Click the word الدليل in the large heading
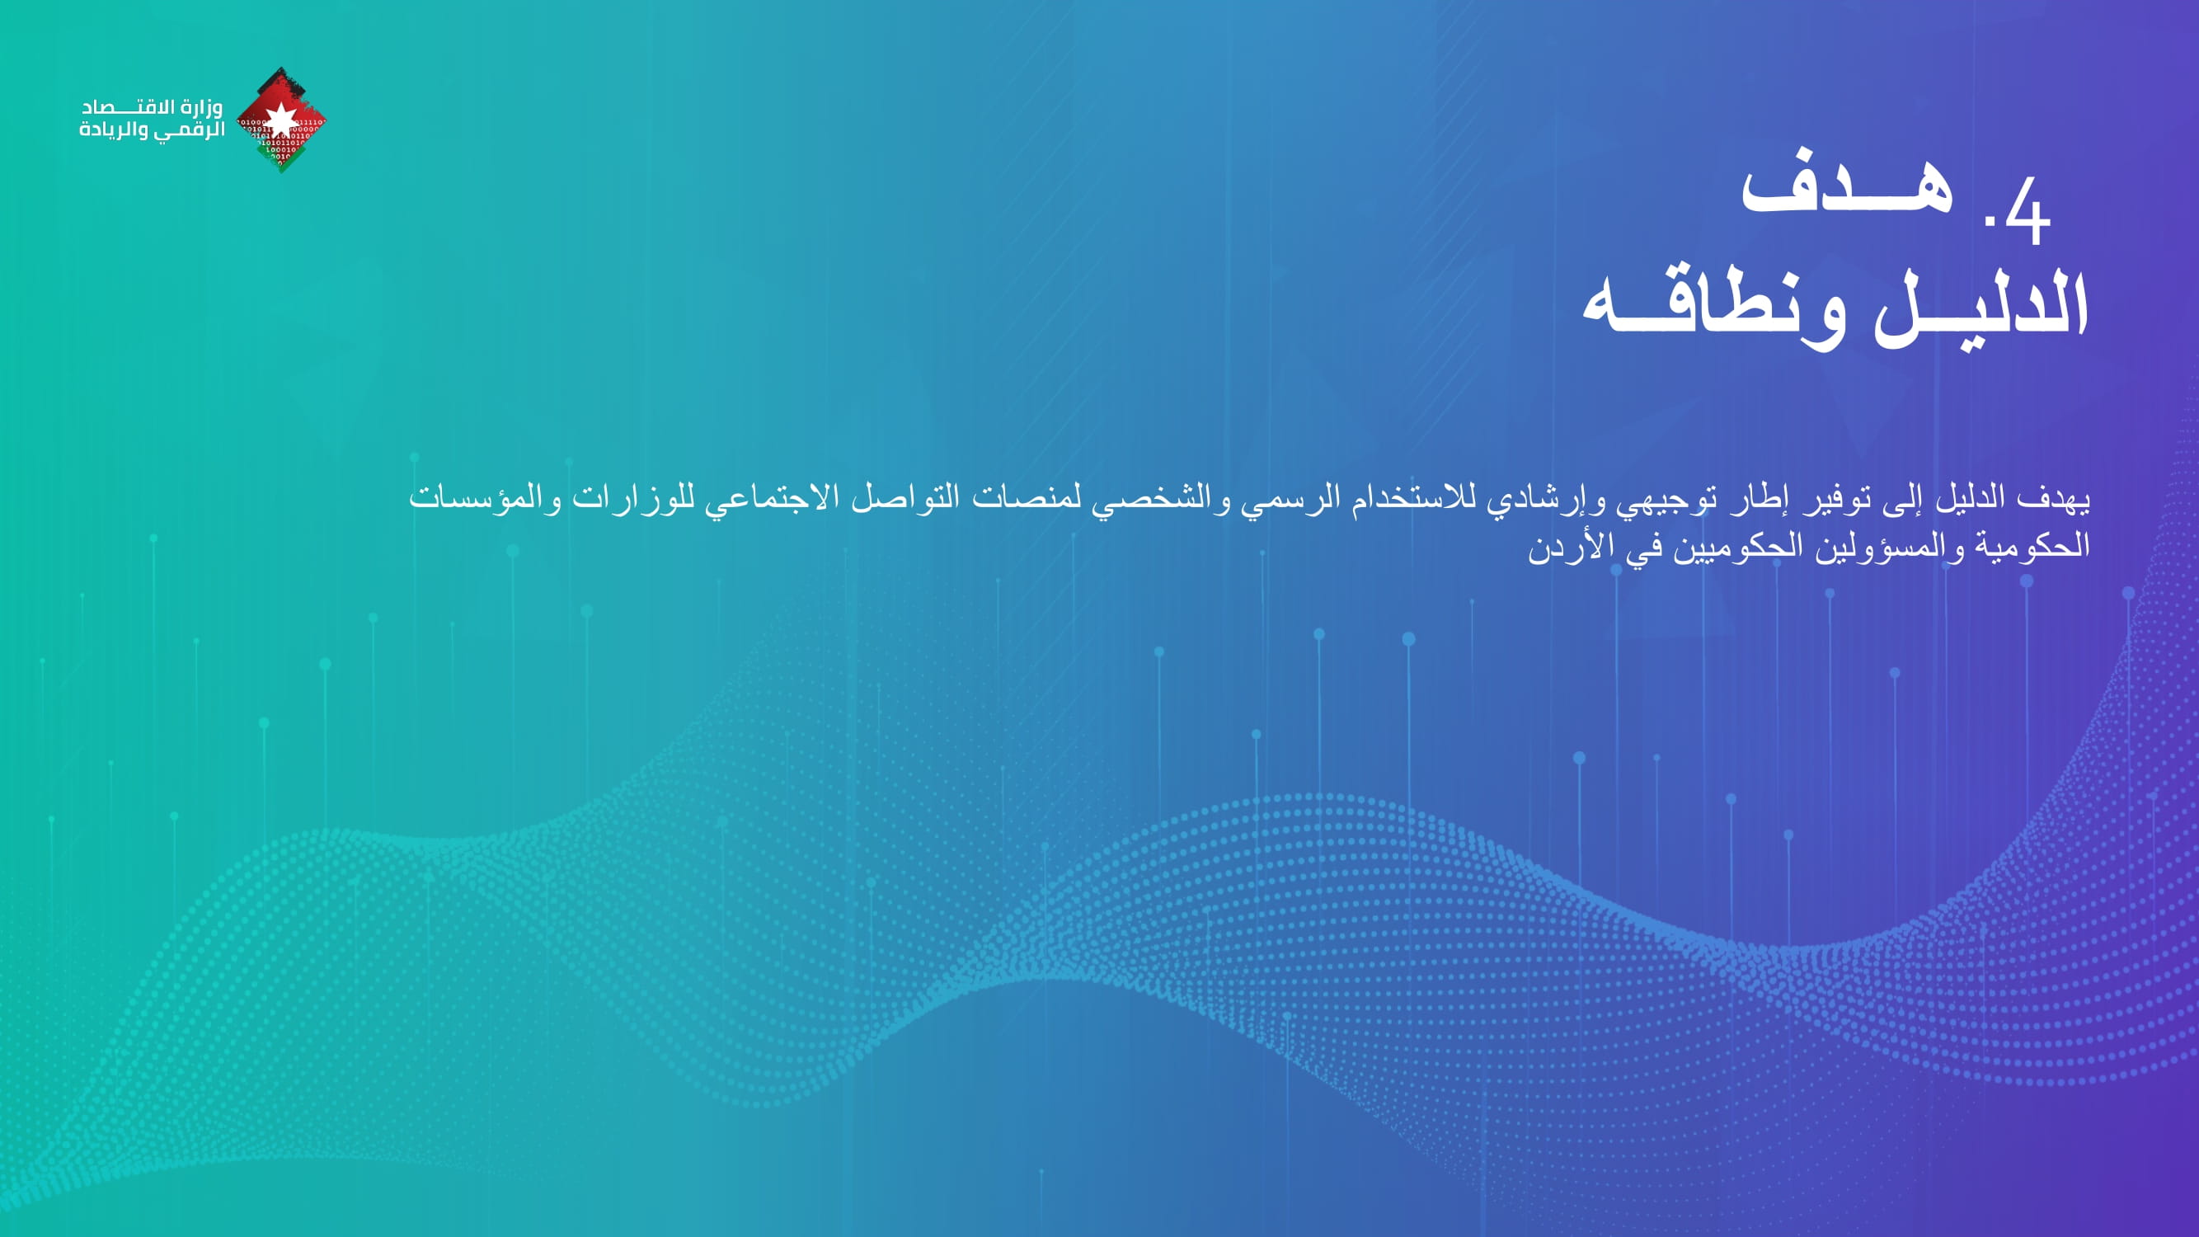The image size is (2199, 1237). tap(1981, 308)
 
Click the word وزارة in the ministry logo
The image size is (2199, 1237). tap(201, 106)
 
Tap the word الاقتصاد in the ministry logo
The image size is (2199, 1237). tap(128, 106)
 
